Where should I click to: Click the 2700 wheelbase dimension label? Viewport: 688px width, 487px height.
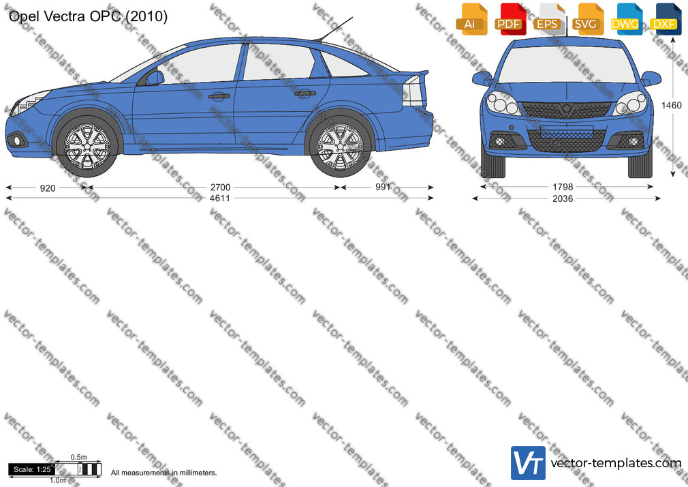point(220,188)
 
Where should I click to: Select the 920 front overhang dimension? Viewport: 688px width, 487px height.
point(48,188)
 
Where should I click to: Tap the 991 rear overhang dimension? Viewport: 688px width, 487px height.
point(383,188)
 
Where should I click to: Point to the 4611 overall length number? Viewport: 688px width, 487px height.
point(220,198)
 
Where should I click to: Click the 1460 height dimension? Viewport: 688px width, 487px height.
point(672,106)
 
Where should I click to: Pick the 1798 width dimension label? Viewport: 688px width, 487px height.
point(563,188)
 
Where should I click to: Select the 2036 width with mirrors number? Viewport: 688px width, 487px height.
point(563,198)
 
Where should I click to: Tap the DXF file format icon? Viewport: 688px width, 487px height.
point(666,19)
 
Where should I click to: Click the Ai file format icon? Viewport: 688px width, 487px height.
point(471,19)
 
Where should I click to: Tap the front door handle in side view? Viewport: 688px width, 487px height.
point(219,95)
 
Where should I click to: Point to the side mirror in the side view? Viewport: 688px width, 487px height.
point(155,78)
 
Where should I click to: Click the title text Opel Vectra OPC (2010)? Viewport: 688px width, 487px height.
point(88,16)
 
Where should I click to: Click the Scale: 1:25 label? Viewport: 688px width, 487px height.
point(31,469)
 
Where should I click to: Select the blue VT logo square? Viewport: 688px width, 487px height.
point(528,463)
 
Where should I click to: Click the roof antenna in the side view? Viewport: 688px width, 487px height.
point(335,29)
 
